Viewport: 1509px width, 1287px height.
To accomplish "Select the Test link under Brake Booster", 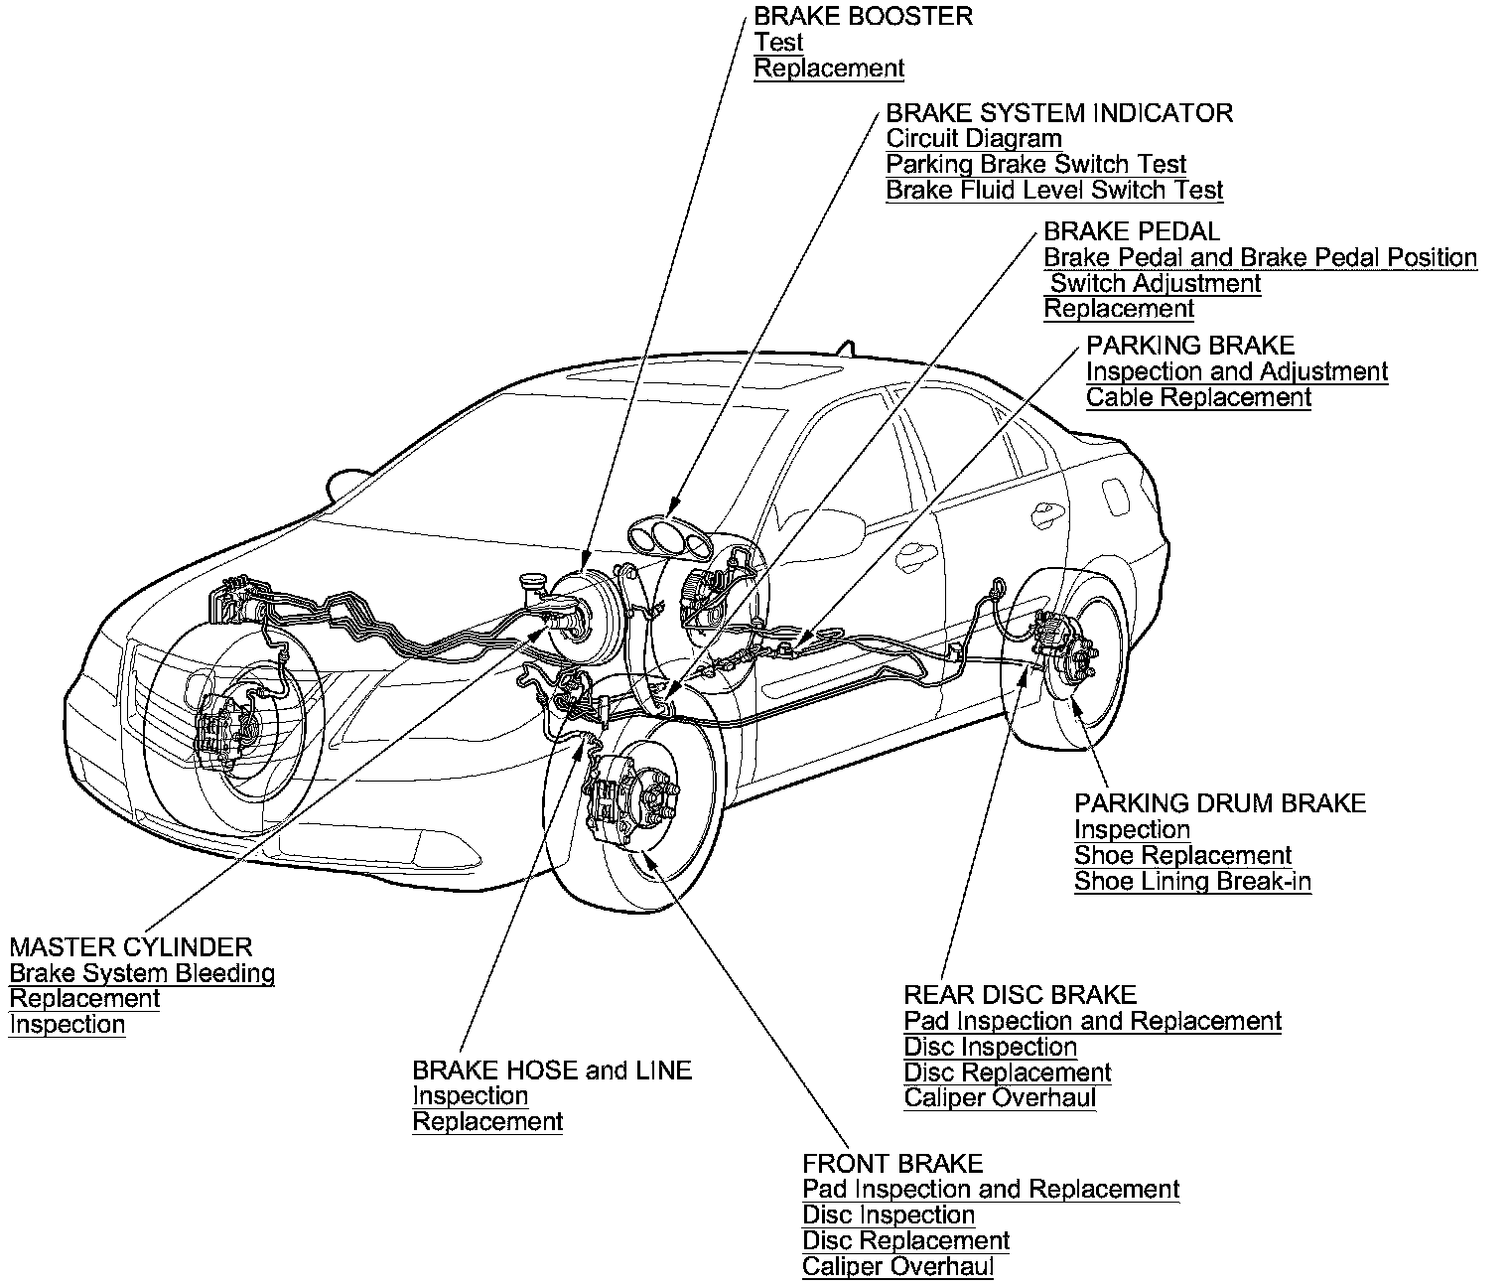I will [x=778, y=43].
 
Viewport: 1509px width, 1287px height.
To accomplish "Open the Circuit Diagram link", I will [x=973, y=139].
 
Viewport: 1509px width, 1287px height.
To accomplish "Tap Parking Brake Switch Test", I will [x=1035, y=165].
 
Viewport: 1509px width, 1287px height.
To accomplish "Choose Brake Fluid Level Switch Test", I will [x=1053, y=191].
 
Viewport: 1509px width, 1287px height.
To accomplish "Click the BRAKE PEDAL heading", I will [x=1131, y=232].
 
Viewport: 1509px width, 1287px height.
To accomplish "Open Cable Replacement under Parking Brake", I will [x=1198, y=398].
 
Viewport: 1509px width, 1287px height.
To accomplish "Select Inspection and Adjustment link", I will [x=1236, y=372].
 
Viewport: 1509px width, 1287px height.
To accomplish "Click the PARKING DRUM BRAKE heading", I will [x=1220, y=803].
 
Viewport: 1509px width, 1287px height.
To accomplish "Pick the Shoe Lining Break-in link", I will [x=1192, y=882].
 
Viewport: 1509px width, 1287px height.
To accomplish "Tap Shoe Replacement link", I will [x=1182, y=856].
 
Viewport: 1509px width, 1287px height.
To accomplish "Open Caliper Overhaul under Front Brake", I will [x=897, y=1267].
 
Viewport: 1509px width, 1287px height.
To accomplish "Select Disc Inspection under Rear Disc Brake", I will [x=990, y=1048].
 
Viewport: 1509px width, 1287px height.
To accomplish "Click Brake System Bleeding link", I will [x=142, y=974].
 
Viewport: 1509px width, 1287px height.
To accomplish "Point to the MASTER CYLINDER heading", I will [x=131, y=947].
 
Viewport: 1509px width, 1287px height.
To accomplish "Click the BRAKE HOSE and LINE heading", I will [x=552, y=1071].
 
